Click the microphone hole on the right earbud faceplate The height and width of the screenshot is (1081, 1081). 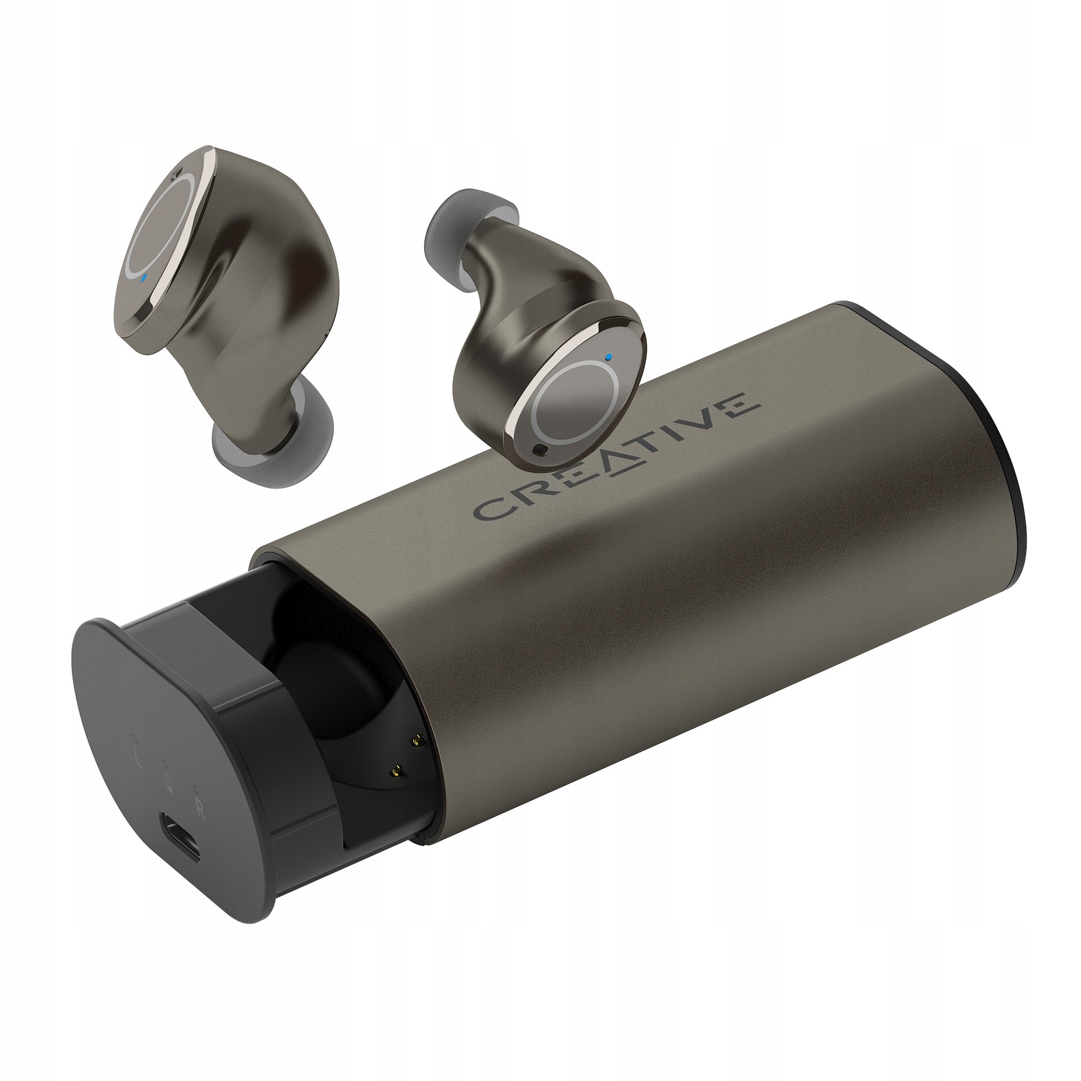click(539, 449)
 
